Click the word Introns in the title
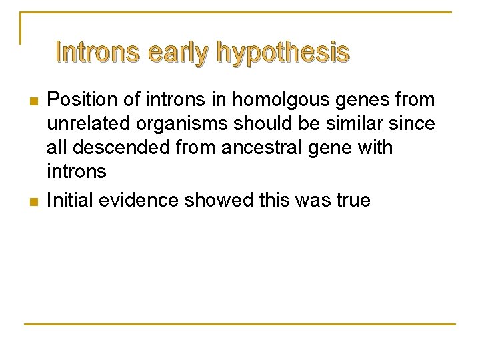pos(97,52)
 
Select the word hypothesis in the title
pos(282,53)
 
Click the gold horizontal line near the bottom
pos(240,324)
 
